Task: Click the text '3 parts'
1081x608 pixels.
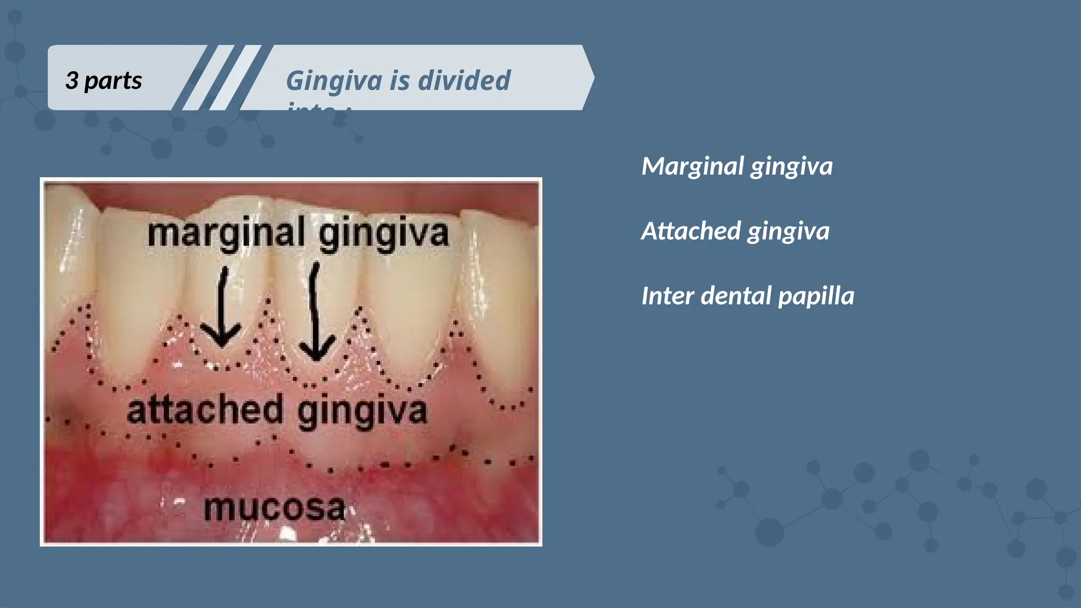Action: coord(103,81)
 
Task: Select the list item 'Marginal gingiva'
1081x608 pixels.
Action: coord(737,167)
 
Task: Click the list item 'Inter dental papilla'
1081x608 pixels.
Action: coord(747,296)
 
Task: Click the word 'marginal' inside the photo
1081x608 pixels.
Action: coord(226,233)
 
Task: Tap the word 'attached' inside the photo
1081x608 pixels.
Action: coord(205,411)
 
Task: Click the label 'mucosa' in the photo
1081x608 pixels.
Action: coord(274,508)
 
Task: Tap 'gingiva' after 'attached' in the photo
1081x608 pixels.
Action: coord(362,412)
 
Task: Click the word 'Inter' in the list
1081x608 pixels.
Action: coord(667,296)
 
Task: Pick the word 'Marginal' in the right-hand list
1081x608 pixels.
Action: coord(693,167)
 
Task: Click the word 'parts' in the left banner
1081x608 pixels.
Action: coord(113,81)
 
